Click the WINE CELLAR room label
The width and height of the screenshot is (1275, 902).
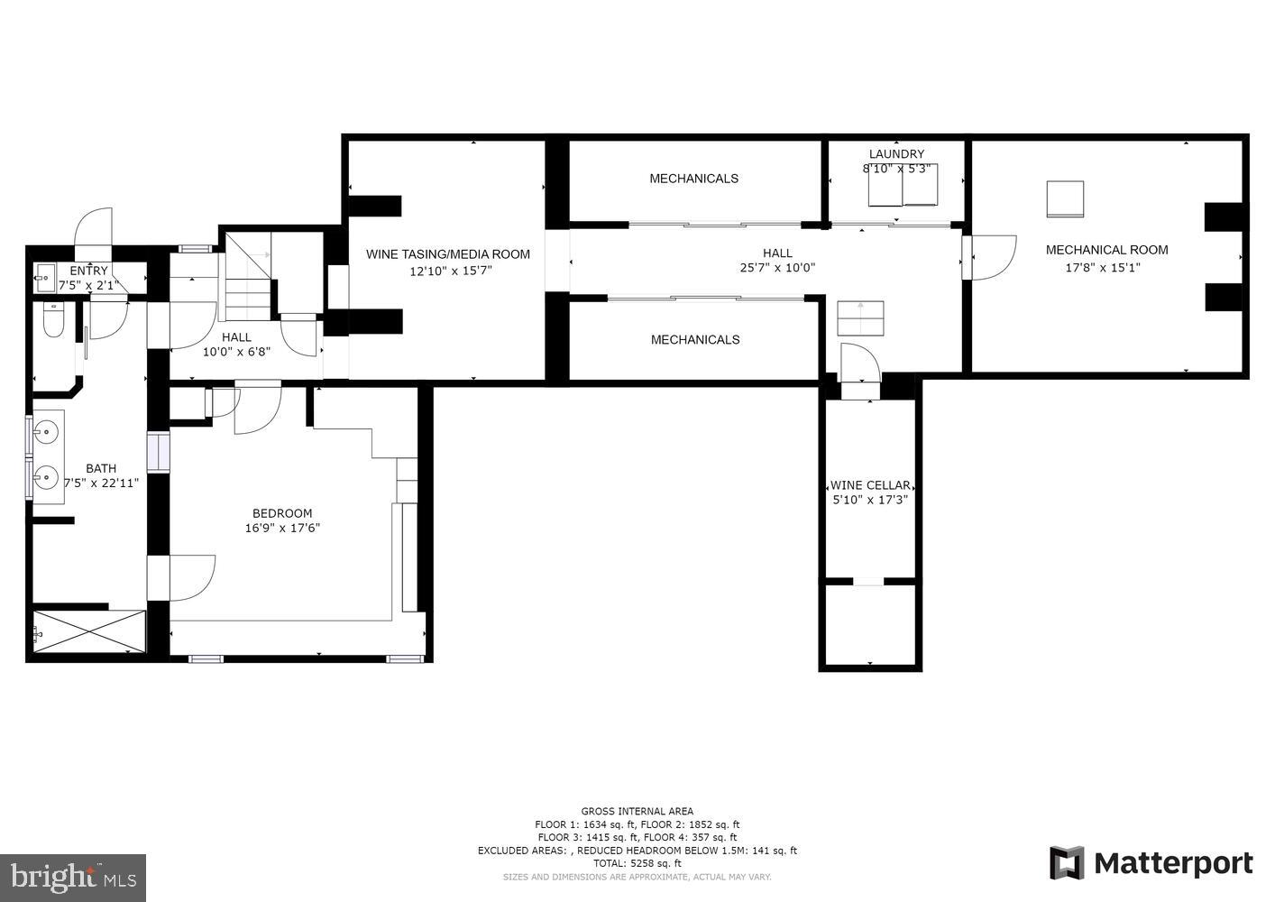point(869,485)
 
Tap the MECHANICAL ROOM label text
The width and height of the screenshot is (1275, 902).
point(1106,250)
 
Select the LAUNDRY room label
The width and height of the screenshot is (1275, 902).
point(896,154)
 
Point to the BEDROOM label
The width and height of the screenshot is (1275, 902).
point(282,513)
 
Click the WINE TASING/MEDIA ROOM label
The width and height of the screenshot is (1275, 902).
point(447,254)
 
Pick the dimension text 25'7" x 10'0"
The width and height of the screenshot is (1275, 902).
point(777,268)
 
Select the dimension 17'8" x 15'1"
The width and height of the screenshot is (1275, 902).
point(1104,267)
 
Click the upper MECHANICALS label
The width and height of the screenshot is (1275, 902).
point(693,179)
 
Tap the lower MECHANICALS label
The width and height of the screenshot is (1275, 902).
point(695,340)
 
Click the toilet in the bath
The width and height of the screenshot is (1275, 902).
point(53,321)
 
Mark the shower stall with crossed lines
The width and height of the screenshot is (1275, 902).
point(88,630)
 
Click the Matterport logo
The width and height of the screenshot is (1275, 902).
point(1151,863)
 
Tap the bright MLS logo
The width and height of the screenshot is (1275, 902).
point(74,877)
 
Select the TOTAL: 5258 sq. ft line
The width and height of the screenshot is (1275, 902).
point(637,863)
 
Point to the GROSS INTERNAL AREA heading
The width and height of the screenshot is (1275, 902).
point(637,812)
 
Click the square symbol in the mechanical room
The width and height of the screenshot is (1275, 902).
point(1065,199)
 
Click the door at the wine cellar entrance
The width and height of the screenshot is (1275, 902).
point(858,365)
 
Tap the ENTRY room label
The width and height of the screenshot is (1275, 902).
point(88,271)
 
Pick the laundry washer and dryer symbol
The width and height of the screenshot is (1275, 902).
point(903,185)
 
